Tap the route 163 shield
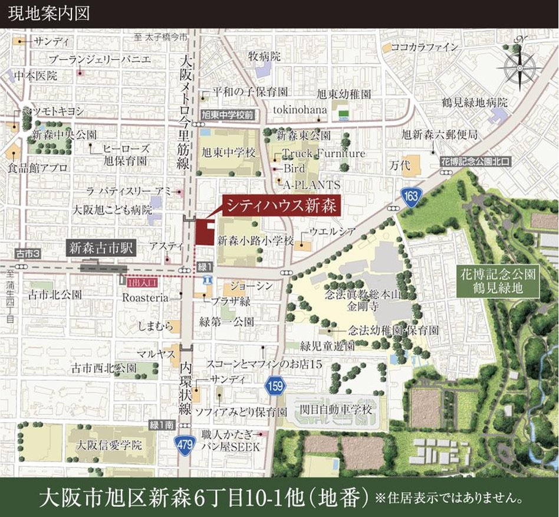point(411,197)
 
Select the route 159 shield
point(275,387)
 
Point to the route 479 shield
point(186,443)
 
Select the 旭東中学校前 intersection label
point(228,116)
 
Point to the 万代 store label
point(400,166)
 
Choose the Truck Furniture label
point(324,153)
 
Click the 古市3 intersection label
point(27,253)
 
